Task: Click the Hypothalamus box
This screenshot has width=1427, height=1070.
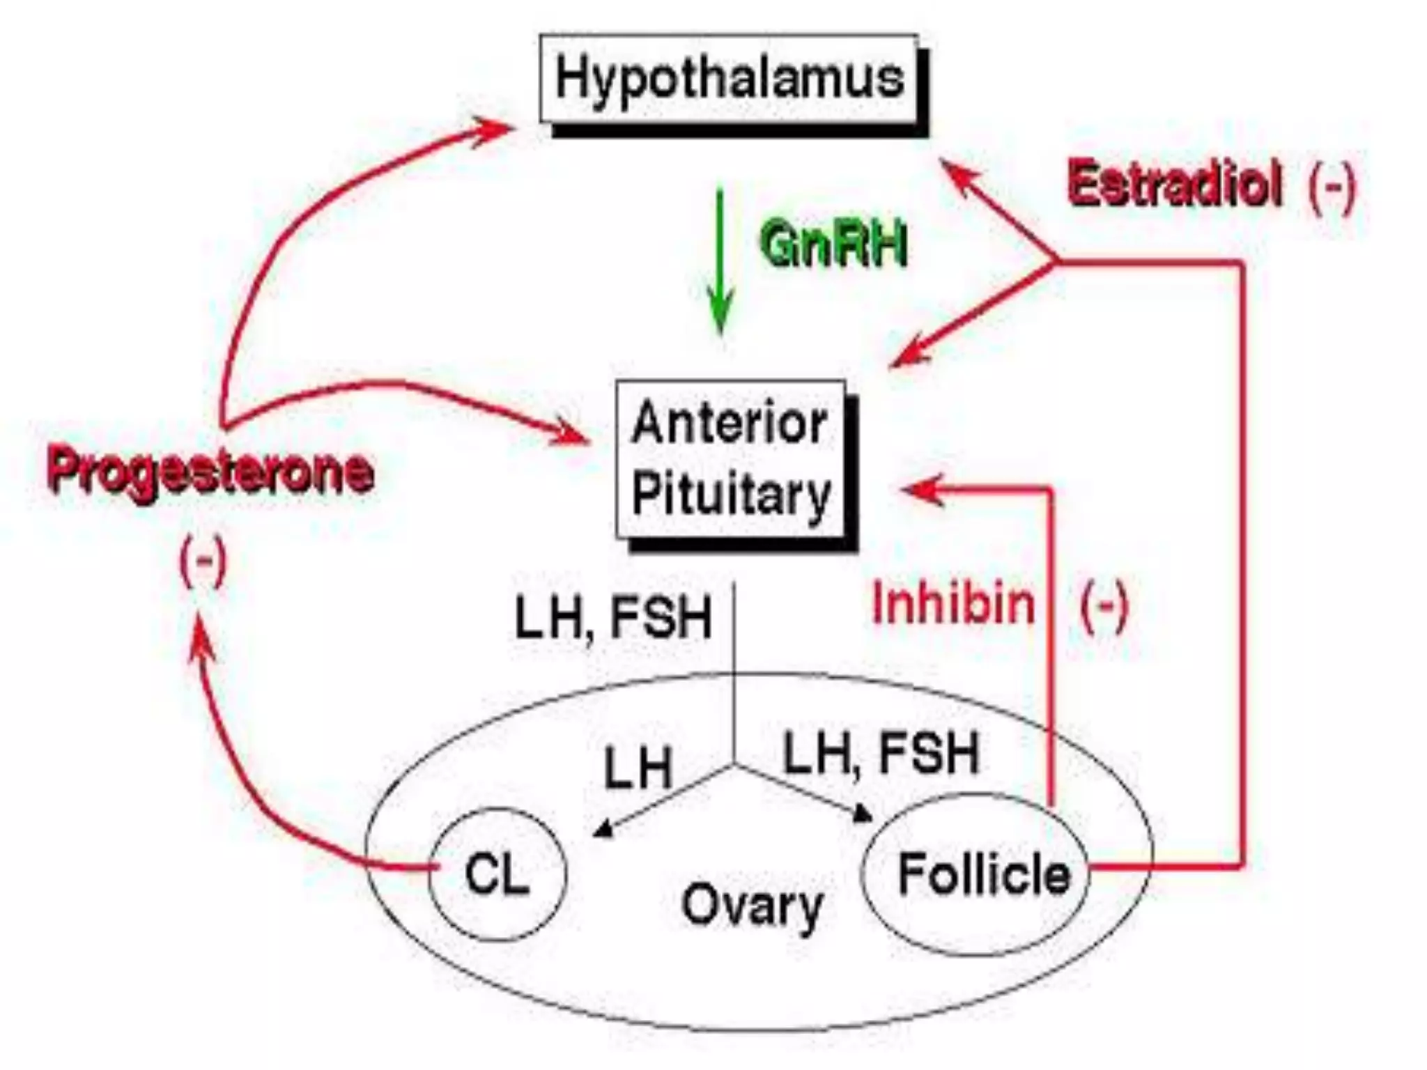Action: point(729,78)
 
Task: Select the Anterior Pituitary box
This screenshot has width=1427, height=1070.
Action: point(730,459)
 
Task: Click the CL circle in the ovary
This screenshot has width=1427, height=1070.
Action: point(497,874)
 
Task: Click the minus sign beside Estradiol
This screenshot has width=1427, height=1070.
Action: point(1332,187)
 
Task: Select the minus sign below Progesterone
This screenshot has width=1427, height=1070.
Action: point(203,561)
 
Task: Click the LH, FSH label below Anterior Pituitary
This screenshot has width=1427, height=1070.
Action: point(613,617)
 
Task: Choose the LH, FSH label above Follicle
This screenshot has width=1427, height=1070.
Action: point(881,754)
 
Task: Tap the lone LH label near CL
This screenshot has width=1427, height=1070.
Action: point(638,768)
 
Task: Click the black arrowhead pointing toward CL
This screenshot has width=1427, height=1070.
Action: point(603,829)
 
